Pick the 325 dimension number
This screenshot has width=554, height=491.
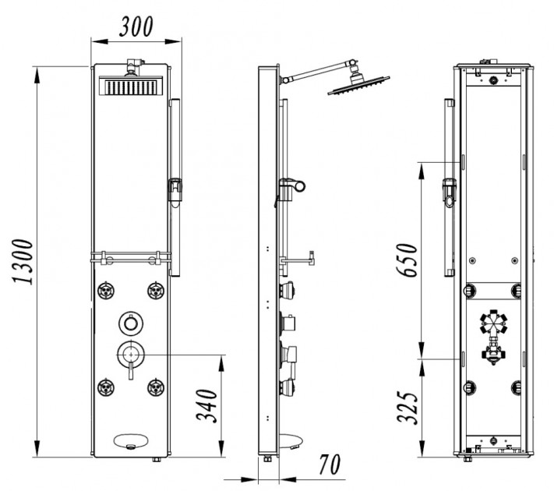coord(408,405)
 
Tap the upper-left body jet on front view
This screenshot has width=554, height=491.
coord(106,291)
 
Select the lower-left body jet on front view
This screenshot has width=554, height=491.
coord(106,386)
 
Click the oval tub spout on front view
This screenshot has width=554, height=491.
coord(129,441)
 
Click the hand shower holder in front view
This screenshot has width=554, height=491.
coord(176,189)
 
